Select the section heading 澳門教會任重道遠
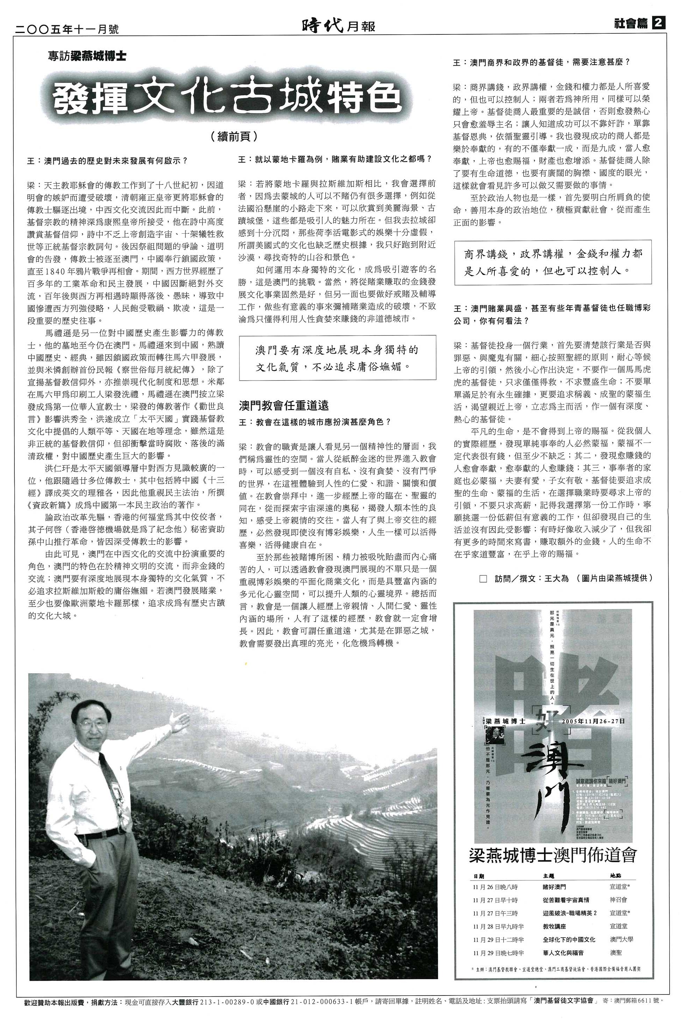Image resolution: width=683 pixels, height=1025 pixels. (x=284, y=405)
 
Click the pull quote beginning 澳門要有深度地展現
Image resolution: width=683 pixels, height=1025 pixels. (x=337, y=358)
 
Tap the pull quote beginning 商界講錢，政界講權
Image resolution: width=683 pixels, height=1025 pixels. (x=553, y=262)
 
